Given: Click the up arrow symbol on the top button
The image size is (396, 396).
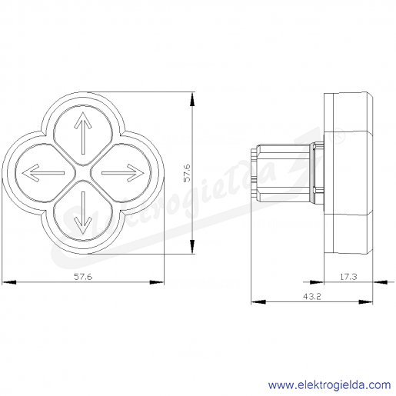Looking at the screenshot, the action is pos(83,133).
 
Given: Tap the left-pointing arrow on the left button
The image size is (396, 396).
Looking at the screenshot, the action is pos(43,173).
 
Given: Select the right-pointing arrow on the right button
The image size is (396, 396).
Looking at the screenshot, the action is pos(123,173).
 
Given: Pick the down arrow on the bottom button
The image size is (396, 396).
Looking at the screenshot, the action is pos(83,213).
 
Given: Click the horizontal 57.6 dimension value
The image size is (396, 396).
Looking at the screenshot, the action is pos(83,277).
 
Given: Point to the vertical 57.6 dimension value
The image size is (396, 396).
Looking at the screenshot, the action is pos(187,173).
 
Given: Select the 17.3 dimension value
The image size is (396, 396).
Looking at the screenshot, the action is pos(348,277).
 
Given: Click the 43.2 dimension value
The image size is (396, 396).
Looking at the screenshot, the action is pos(312,297).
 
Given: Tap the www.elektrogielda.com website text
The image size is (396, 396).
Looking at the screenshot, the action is pos(329,385).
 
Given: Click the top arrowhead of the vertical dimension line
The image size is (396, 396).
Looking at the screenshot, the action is pos(192,99).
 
